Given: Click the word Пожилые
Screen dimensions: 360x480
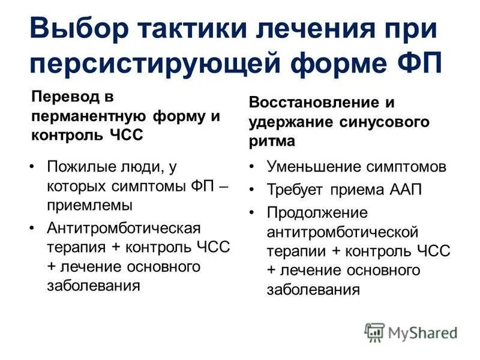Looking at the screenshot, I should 80,167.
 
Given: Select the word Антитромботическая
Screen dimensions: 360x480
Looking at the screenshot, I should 123,229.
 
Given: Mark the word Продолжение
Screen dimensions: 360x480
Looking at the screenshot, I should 317,213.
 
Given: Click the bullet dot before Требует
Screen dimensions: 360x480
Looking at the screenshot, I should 254,190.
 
